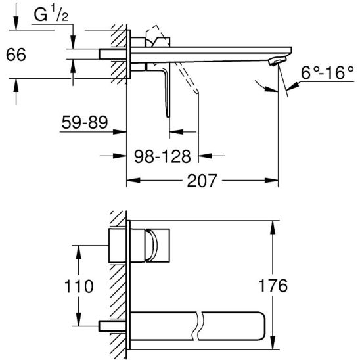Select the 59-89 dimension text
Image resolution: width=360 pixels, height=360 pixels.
(83, 122)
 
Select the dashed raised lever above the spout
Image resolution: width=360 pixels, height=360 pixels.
(154, 33)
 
